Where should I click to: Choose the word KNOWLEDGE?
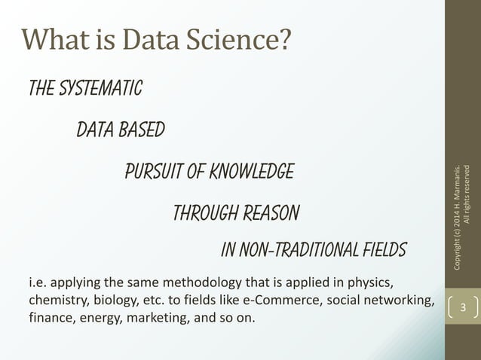(x=252, y=172)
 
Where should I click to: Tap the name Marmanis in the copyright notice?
(x=459, y=185)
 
